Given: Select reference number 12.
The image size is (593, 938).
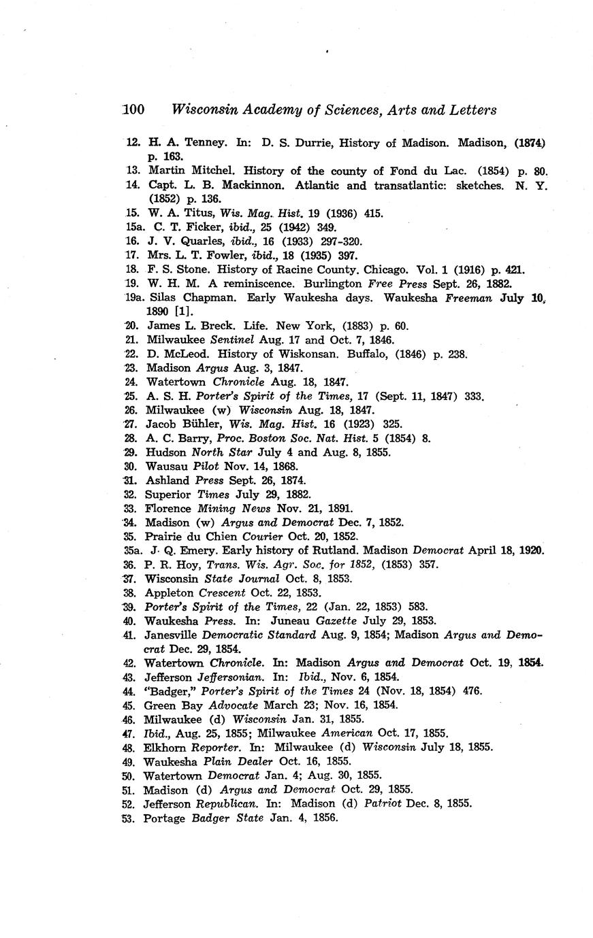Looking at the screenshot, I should click(133, 143).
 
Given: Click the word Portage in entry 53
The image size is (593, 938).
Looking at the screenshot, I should click(164, 818).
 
